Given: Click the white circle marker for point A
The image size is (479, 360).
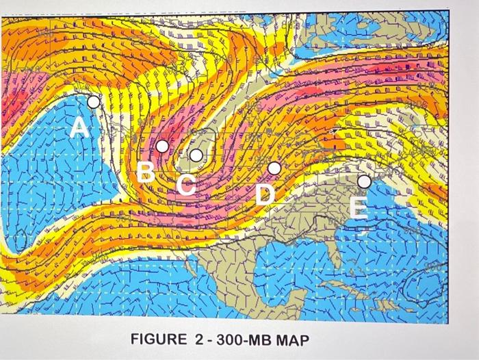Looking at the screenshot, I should click(x=93, y=102).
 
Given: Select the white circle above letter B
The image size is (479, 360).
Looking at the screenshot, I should click(x=162, y=146).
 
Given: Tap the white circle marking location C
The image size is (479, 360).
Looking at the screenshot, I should click(x=196, y=155).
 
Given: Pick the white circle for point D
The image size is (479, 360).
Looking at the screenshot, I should click(x=274, y=168).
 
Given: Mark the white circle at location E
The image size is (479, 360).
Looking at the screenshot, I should click(x=364, y=181).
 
